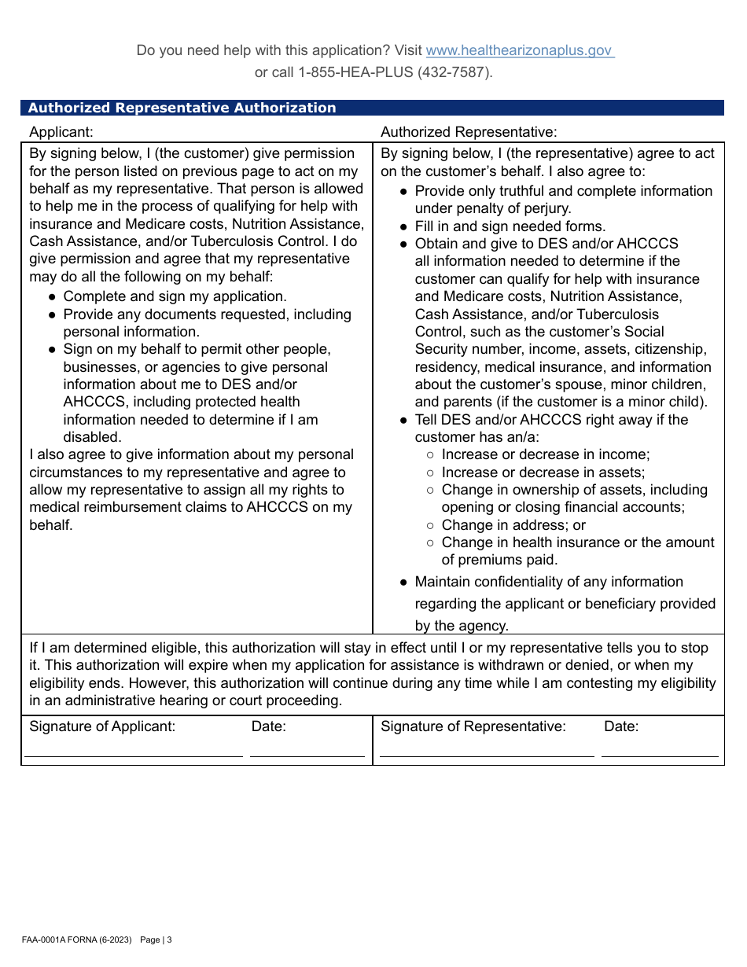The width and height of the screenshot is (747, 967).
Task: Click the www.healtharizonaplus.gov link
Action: pyautogui.click(x=519, y=50)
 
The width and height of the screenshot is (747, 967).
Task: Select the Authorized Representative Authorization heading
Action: pyautogui.click(x=182, y=108)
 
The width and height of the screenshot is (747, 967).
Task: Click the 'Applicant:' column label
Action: pyautogui.click(x=61, y=132)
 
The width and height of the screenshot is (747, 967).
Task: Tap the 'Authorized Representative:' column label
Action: pyautogui.click(x=469, y=132)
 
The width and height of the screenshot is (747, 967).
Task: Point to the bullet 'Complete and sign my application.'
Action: pyautogui.click(x=175, y=296)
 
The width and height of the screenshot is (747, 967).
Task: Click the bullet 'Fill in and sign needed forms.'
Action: pyautogui.click(x=510, y=226)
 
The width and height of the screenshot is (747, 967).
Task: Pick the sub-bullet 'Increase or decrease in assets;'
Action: pyautogui.click(x=543, y=472)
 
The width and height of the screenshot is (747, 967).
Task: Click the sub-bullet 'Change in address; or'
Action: pyautogui.click(x=513, y=525)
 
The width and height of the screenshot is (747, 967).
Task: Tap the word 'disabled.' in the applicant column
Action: pyautogui.click(x=93, y=437)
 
